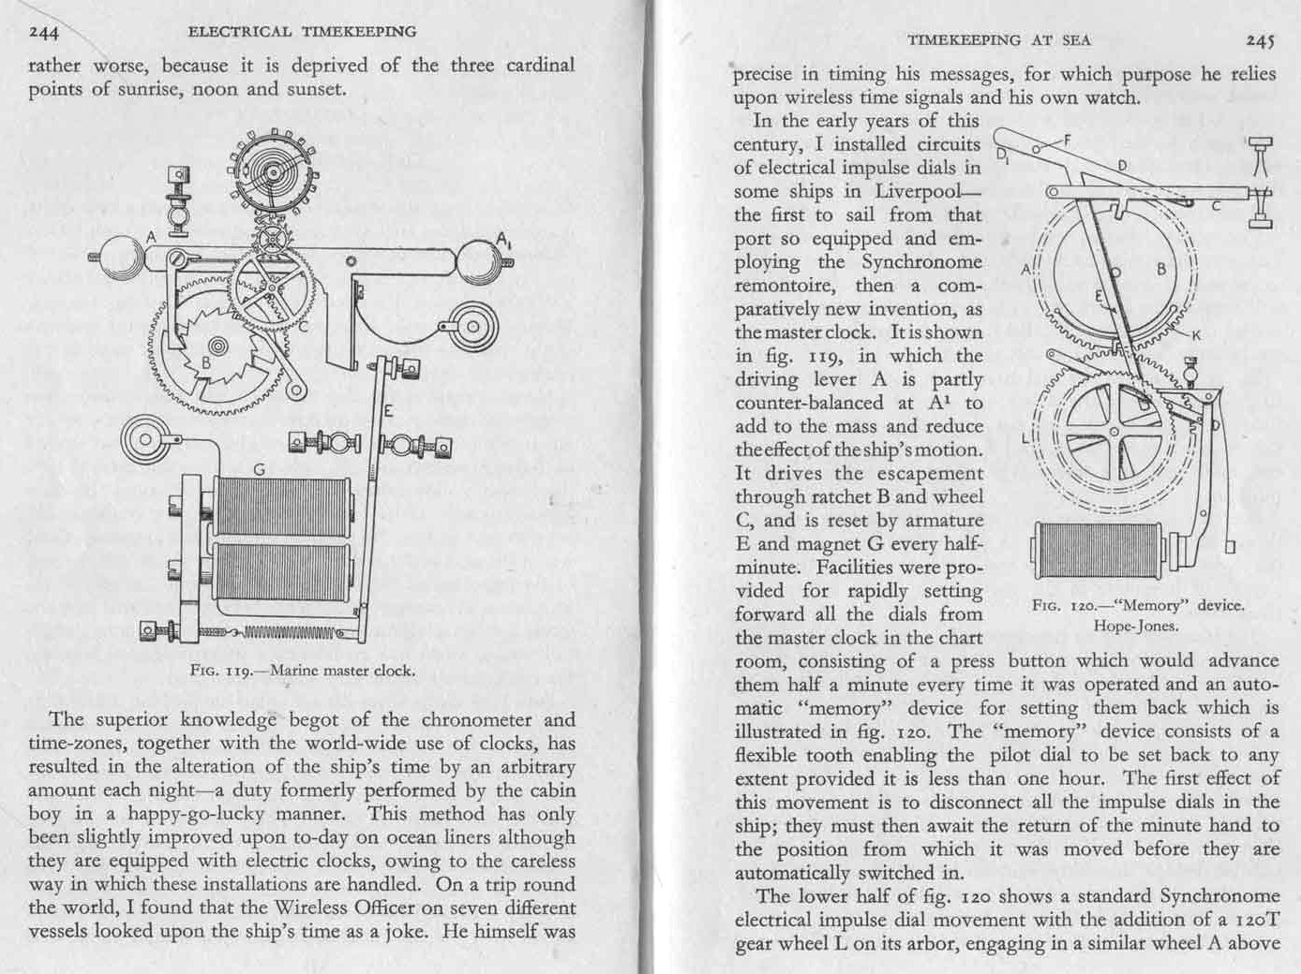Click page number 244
(43, 33)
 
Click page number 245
(1260, 39)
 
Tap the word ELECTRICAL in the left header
(239, 32)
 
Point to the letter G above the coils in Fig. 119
(259, 467)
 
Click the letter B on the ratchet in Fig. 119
(208, 363)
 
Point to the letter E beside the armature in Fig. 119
(387, 409)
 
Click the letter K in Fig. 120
(1195, 335)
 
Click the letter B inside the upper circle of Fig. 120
(1160, 269)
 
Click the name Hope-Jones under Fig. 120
(1136, 626)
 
